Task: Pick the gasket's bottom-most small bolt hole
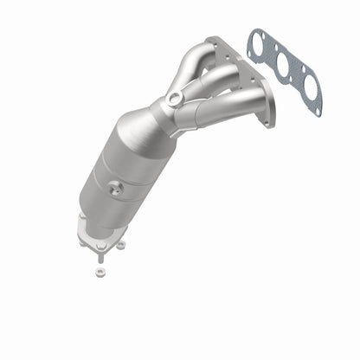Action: [x=318, y=112]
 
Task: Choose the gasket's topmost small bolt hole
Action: [x=251, y=35]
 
